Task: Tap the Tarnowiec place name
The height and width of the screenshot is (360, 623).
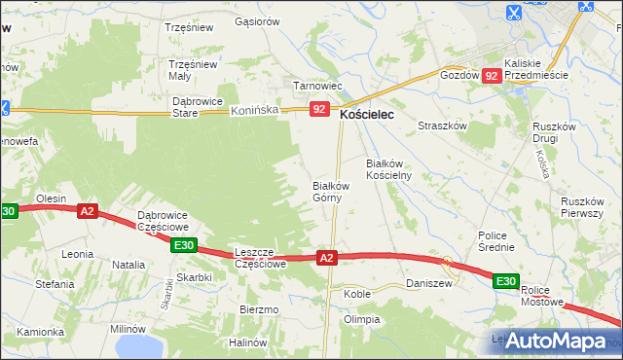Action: coord(311,86)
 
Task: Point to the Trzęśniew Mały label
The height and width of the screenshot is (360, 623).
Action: coord(193,70)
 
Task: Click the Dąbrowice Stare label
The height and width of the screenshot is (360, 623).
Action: coord(198,106)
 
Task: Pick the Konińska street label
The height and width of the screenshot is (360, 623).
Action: coord(254,111)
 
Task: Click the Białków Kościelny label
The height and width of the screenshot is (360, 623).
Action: coord(389,169)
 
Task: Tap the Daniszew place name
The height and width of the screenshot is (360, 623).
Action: coord(428,283)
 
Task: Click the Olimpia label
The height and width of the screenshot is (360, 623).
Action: coord(361,319)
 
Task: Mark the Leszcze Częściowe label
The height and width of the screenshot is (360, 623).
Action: coord(259,257)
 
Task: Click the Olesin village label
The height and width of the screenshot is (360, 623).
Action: coord(51,198)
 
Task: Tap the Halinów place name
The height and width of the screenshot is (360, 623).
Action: coord(247,342)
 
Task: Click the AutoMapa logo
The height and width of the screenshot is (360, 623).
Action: coord(559,341)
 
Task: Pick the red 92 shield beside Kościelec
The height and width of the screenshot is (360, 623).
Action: coord(319,110)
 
